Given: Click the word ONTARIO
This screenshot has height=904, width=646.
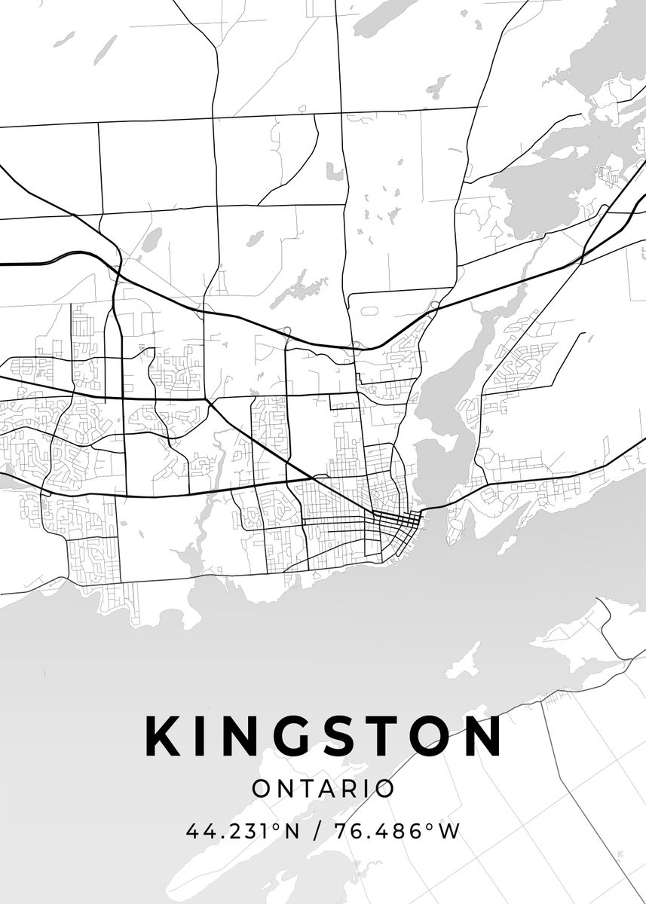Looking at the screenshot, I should pos(323,789).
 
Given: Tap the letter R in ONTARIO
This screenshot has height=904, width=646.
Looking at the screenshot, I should pos(352,789).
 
